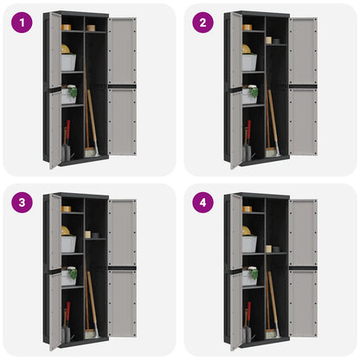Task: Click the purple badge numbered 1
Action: (x=22, y=22)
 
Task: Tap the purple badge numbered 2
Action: (x=203, y=22)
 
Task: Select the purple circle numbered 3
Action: (x=22, y=202)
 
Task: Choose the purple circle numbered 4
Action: (x=203, y=202)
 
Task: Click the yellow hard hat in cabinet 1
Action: (x=66, y=49)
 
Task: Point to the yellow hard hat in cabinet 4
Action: (x=247, y=231)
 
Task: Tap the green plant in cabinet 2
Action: (x=254, y=92)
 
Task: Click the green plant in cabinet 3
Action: (x=73, y=273)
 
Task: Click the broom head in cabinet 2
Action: (x=271, y=152)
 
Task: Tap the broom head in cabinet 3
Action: (x=90, y=334)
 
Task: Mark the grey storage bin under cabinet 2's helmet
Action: (x=249, y=62)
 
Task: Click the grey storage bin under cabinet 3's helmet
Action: (x=68, y=244)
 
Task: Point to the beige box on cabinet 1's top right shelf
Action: (x=91, y=28)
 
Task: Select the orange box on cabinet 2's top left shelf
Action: (x=247, y=28)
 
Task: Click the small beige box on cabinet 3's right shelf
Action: (x=87, y=235)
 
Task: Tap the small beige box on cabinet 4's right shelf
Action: (x=269, y=249)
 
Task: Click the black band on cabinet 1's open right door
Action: (x=122, y=87)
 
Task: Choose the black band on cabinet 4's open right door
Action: (x=303, y=268)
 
